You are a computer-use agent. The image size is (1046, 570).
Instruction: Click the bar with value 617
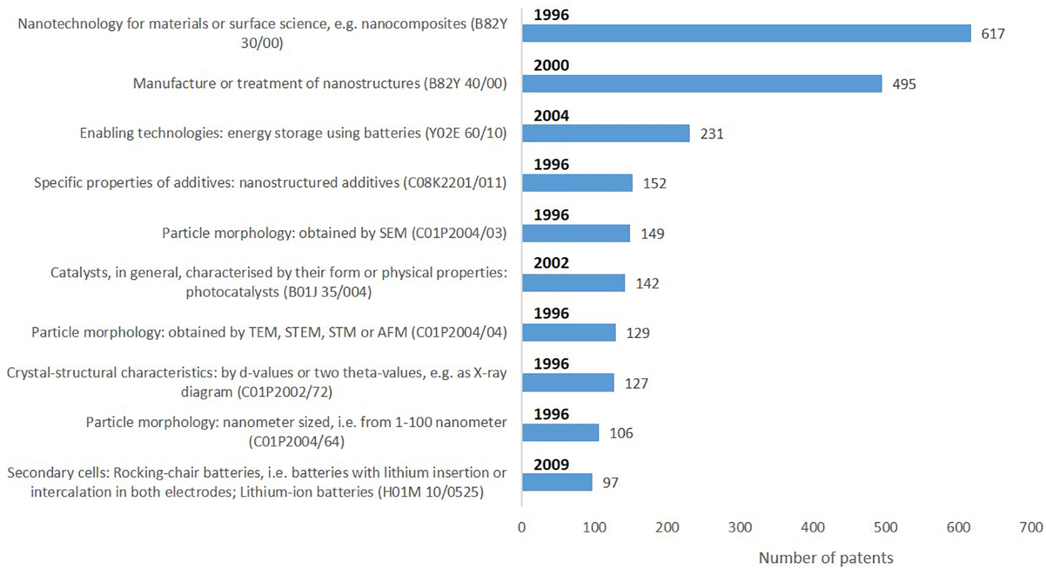pyautogui.click(x=746, y=34)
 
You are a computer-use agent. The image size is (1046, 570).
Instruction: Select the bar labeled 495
pyautogui.click(x=701, y=84)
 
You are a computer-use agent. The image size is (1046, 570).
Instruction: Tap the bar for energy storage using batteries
pyautogui.click(x=605, y=133)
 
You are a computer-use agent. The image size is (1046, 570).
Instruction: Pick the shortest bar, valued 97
pyautogui.click(x=557, y=482)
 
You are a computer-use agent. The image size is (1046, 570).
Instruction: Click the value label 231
pyautogui.click(x=712, y=134)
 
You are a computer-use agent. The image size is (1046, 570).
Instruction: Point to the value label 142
pyautogui.click(x=647, y=283)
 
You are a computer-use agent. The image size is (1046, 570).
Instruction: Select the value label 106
pyautogui.click(x=621, y=433)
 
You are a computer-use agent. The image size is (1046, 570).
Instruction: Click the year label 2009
pyautogui.click(x=551, y=464)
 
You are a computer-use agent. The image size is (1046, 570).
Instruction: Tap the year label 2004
pyautogui.click(x=551, y=115)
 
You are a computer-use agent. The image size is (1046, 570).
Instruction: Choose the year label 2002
pyautogui.click(x=551, y=263)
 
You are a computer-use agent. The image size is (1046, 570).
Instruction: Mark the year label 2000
pyautogui.click(x=551, y=65)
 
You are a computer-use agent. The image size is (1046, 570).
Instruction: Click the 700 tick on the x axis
pyautogui.click(x=1031, y=527)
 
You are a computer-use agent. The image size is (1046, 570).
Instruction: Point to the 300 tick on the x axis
pyautogui.click(x=740, y=527)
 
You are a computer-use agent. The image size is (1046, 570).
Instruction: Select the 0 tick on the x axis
pyautogui.click(x=521, y=527)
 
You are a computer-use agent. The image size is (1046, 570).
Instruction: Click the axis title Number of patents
pyautogui.click(x=825, y=558)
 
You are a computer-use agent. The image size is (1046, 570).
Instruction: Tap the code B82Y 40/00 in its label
pyautogui.click(x=465, y=84)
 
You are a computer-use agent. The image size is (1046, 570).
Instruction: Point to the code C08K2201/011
pyautogui.click(x=455, y=183)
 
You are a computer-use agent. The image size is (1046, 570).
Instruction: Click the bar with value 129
pyautogui.click(x=569, y=332)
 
